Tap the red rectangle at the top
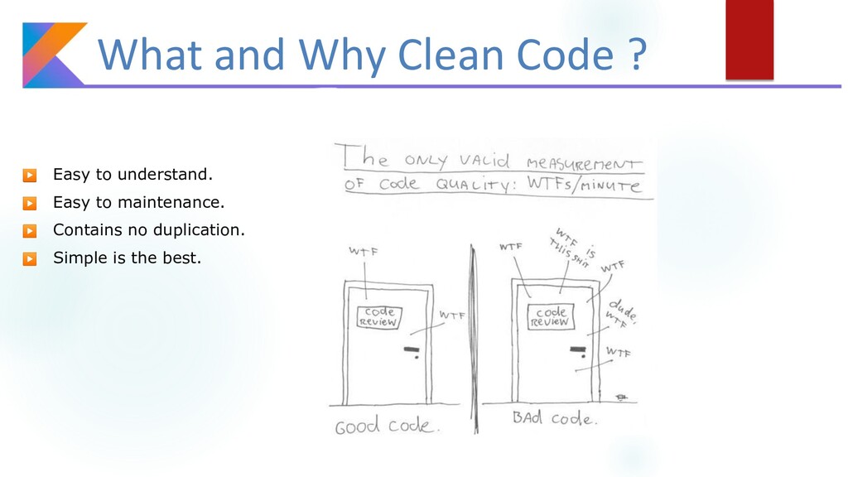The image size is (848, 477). [x=749, y=39]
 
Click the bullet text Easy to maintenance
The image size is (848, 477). [x=138, y=202]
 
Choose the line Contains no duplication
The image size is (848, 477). [x=149, y=229]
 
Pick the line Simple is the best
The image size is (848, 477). [x=127, y=258]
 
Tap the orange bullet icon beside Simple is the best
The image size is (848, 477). [x=29, y=258]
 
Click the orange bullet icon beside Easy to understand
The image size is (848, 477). [x=29, y=176]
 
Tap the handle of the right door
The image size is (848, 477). [x=572, y=351]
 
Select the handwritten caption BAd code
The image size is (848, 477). [x=552, y=418]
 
